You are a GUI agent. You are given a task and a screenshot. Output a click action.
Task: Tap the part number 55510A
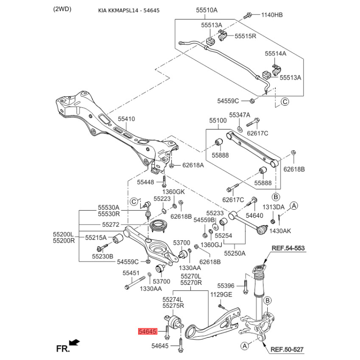(207, 10)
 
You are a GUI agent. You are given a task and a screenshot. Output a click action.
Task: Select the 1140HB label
(272, 15)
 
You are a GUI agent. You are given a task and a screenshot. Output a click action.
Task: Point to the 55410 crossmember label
(126, 119)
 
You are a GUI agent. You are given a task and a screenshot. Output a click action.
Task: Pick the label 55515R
(245, 36)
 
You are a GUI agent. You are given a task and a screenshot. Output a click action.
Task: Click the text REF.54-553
(288, 248)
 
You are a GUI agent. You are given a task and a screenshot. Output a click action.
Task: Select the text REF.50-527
(288, 349)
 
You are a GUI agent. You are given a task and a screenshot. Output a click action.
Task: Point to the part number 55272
(110, 224)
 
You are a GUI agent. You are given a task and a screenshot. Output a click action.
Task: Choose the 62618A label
(193, 165)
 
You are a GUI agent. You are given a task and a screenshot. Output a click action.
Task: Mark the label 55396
(226, 286)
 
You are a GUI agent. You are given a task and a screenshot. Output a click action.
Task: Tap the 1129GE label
(221, 294)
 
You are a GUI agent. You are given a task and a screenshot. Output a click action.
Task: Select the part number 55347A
(239, 115)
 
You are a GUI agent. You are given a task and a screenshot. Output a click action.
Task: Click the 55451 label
(131, 273)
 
